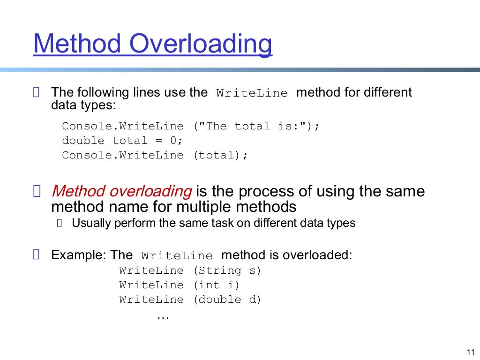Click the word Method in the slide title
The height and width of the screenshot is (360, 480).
[77, 44]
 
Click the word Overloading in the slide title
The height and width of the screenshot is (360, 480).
[201, 44]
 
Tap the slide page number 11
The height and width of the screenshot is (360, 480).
[471, 352]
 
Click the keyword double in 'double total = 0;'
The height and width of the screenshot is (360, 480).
[83, 141]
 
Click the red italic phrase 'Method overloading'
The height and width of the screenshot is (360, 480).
[122, 191]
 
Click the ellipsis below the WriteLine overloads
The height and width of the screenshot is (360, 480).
[162, 316]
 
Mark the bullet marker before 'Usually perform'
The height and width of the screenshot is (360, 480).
[59, 224]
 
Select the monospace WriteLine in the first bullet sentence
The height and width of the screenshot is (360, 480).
[252, 93]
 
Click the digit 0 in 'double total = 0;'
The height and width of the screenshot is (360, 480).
[173, 141]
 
